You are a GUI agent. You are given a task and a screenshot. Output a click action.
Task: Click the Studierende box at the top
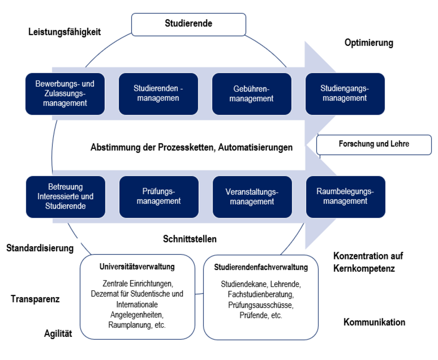tap(188, 24)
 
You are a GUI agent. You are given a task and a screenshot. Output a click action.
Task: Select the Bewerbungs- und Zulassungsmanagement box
tap(65, 94)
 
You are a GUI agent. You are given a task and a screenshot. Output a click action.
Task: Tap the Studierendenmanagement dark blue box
tap(158, 94)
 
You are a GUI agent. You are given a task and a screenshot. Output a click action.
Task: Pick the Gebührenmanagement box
tap(251, 94)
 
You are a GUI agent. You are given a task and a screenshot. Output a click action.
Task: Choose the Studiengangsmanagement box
tap(345, 94)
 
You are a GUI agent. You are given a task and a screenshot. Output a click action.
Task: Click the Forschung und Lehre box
tap(374, 144)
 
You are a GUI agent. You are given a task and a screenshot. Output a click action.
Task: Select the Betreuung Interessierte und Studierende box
tap(65, 197)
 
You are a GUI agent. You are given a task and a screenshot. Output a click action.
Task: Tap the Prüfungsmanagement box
tap(159, 197)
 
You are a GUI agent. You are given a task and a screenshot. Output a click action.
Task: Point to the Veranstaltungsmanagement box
tap(252, 197)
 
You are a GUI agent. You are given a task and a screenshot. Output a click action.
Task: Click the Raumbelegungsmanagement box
tap(345, 197)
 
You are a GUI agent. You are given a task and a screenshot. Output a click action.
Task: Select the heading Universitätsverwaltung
tap(137, 267)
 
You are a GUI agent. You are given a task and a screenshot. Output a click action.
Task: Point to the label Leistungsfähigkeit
tap(65, 32)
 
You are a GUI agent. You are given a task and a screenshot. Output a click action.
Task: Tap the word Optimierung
tap(369, 43)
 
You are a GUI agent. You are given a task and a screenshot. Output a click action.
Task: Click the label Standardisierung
tap(40, 248)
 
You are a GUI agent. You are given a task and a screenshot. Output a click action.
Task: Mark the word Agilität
tap(58, 333)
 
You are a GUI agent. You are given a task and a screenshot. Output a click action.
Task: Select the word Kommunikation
tap(374, 322)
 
